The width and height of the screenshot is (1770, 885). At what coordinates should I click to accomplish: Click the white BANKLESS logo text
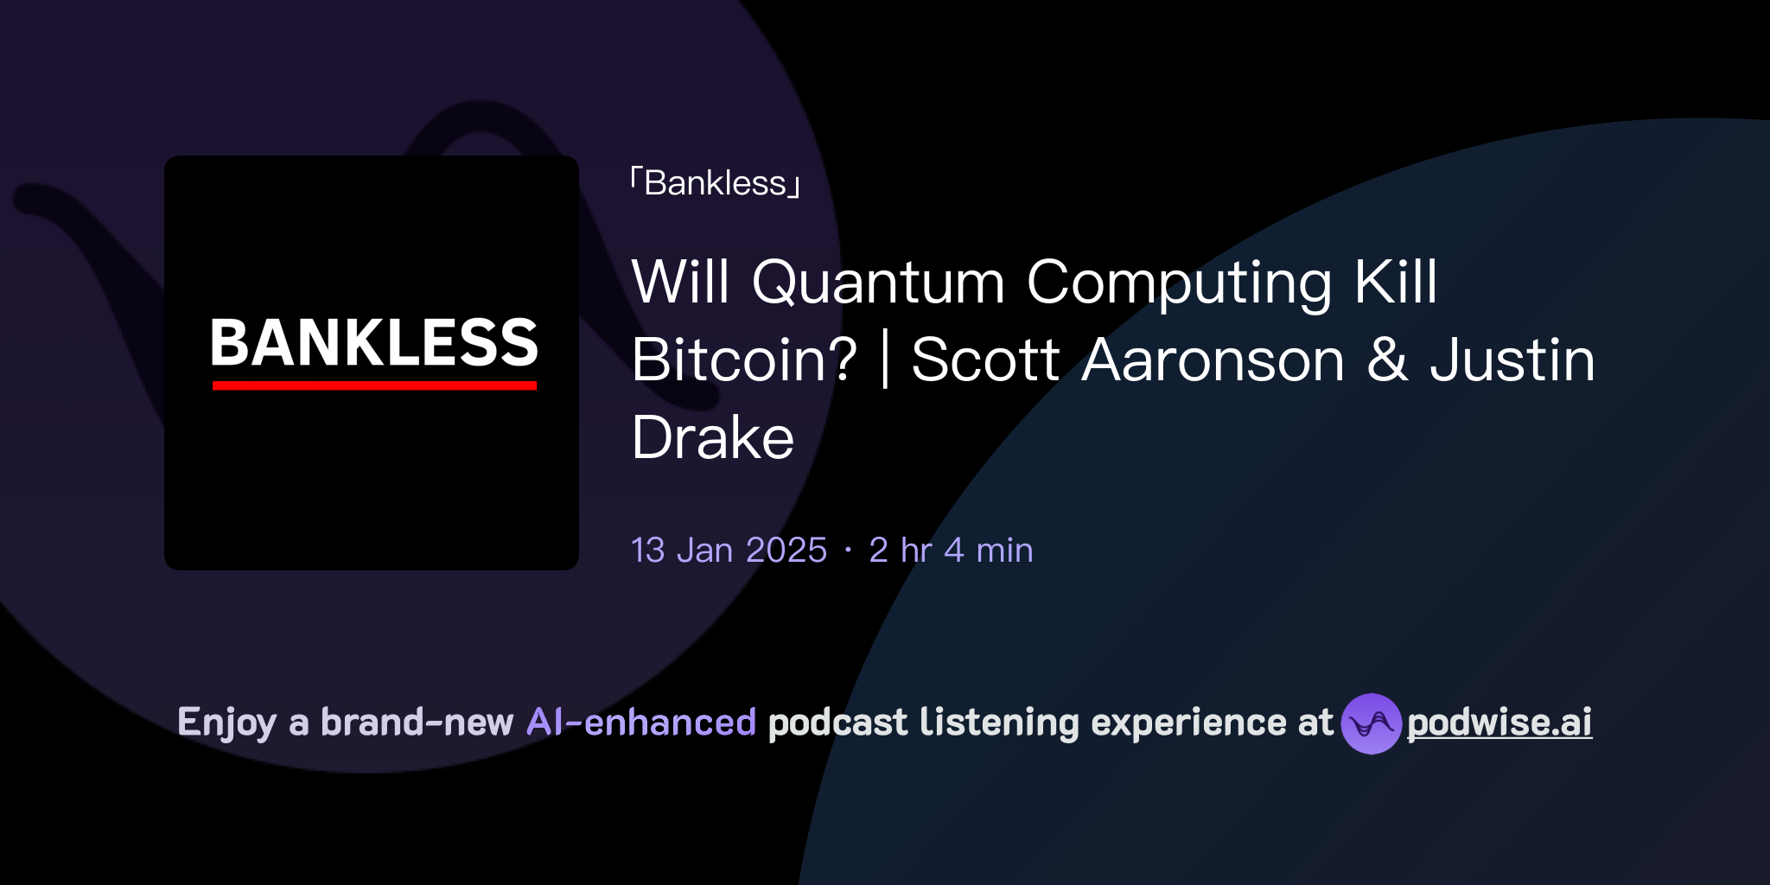(x=373, y=343)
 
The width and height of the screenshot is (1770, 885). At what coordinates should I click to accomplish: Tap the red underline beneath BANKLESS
(x=373, y=385)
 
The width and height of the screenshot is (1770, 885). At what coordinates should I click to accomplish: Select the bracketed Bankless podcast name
(x=716, y=183)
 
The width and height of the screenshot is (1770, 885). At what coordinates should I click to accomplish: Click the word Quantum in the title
(x=877, y=283)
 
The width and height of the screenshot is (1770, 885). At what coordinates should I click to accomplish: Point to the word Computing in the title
(x=1179, y=283)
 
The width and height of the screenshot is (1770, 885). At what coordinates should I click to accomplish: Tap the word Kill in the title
(x=1395, y=283)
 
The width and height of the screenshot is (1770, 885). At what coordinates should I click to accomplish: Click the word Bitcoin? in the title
(x=744, y=360)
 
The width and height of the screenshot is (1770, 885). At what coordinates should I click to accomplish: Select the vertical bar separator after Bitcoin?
(x=884, y=360)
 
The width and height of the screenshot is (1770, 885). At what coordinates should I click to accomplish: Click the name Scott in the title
(x=985, y=360)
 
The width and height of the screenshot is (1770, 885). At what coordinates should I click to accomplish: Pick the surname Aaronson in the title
(x=1213, y=360)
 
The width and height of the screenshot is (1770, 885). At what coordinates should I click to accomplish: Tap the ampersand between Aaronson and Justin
(x=1387, y=360)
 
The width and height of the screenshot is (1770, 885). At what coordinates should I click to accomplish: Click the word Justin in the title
(x=1512, y=360)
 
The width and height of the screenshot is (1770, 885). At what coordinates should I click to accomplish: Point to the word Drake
(x=712, y=438)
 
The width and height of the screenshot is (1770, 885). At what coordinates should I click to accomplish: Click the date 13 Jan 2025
(x=729, y=551)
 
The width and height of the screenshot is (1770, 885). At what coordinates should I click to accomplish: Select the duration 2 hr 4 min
(x=951, y=551)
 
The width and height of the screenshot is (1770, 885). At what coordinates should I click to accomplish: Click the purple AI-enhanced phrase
(x=641, y=723)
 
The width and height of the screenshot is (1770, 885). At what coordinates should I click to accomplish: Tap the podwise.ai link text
(x=1499, y=723)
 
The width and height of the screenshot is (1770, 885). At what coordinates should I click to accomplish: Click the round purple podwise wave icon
(x=1371, y=723)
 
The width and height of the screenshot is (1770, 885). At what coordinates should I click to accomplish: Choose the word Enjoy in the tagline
(x=226, y=723)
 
